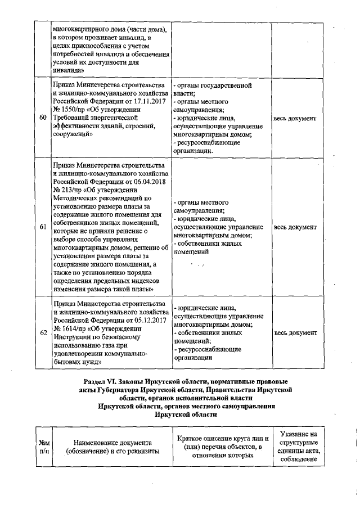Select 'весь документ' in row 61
295,227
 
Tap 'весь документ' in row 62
295,332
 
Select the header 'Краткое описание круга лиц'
223,439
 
